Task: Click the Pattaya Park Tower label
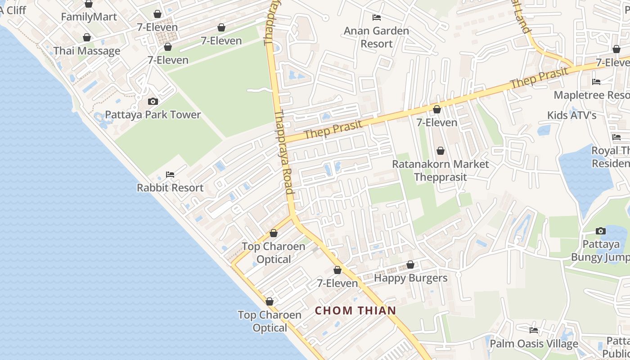pyautogui.click(x=153, y=114)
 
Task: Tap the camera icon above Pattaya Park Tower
pyautogui.click(x=153, y=101)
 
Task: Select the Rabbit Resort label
pyautogui.click(x=170, y=188)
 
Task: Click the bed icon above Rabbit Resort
pyautogui.click(x=170, y=175)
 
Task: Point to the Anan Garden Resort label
pyautogui.click(x=377, y=37)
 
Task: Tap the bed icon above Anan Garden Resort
pyautogui.click(x=377, y=18)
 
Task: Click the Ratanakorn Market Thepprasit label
pyautogui.click(x=440, y=170)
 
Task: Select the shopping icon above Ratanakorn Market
pyautogui.click(x=440, y=151)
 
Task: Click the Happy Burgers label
pyautogui.click(x=411, y=278)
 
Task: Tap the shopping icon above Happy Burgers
pyautogui.click(x=410, y=265)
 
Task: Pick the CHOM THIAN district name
pyautogui.click(x=355, y=310)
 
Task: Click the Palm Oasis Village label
pyautogui.click(x=534, y=344)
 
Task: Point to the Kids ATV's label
pyautogui.click(x=571, y=115)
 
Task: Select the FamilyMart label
pyautogui.click(x=89, y=17)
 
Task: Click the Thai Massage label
pyautogui.click(x=87, y=50)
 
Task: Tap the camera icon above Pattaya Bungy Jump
pyautogui.click(x=600, y=231)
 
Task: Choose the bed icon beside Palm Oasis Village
pyautogui.click(x=534, y=330)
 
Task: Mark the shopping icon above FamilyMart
pyautogui.click(x=89, y=4)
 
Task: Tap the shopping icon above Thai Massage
pyautogui.click(x=86, y=37)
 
